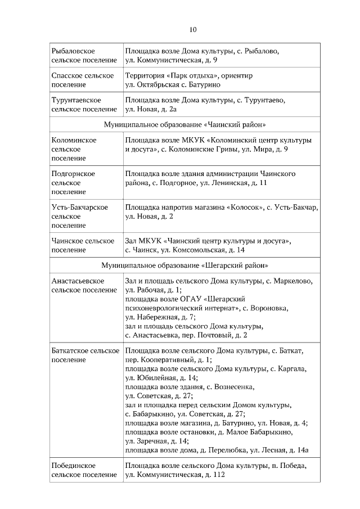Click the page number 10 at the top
tap(192, 29)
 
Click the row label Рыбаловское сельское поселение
tap(80, 55)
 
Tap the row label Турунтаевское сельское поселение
tap(80, 105)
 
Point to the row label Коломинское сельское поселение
tap(74, 149)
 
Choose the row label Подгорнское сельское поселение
tap(73, 183)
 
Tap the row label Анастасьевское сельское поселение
tap(80, 285)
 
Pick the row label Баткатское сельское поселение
tap(84, 355)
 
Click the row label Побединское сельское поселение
tap(80, 470)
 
